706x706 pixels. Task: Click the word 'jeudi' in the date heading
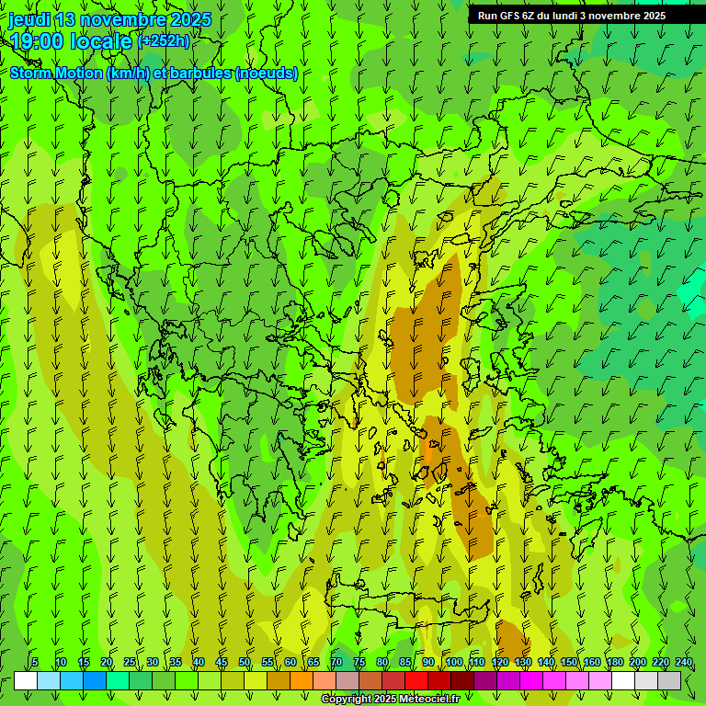pos(29,19)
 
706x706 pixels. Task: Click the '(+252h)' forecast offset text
pos(164,40)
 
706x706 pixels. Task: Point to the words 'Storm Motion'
pos(56,74)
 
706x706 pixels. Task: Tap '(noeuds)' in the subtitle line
pos(267,74)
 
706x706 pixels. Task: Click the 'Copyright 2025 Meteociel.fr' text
pos(390,700)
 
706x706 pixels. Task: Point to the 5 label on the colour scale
pos(35,662)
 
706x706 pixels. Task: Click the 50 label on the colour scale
pos(245,662)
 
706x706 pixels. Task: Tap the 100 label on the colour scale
pos(454,662)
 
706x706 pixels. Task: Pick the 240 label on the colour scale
pos(684,662)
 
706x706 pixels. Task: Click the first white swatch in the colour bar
pos(26,680)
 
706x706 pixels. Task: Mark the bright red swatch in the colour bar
pos(416,680)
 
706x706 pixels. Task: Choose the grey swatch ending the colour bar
pos(669,680)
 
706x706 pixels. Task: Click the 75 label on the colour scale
pos(359,662)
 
